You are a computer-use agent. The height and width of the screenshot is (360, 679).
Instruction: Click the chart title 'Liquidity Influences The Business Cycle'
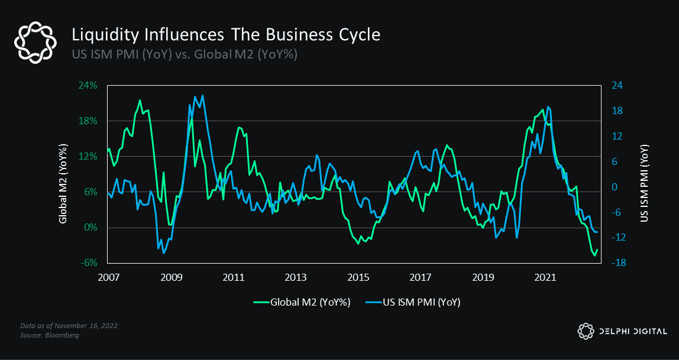225,35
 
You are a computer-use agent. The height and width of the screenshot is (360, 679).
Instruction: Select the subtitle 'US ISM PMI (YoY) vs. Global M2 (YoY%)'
184,55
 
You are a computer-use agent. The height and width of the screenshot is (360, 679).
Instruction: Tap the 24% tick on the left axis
88,85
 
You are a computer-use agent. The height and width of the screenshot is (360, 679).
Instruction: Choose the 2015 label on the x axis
358,277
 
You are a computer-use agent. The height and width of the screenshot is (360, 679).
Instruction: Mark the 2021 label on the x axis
545,277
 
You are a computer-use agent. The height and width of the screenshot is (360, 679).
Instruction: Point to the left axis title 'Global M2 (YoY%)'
63,183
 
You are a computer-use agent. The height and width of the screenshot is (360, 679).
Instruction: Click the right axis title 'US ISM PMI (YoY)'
645,183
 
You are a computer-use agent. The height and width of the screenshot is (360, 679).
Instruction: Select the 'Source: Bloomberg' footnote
50,335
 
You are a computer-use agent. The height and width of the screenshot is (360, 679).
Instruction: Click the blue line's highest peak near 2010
202,95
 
